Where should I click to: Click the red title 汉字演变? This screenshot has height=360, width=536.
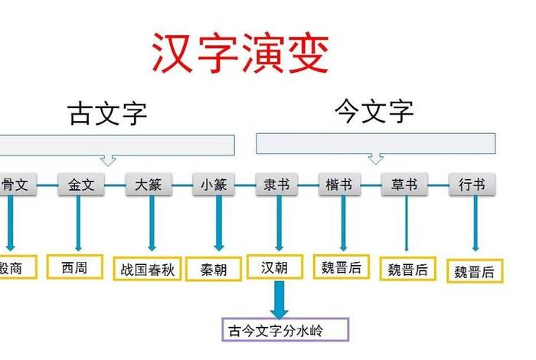pos(240,52)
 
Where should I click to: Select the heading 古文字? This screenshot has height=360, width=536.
pos(108,113)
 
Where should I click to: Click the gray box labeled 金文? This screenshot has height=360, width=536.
pos(81,185)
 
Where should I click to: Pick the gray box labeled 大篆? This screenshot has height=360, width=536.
pos(149,185)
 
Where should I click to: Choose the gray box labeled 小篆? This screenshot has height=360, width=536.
pos(214,185)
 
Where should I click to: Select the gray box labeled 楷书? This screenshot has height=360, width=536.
pos(338,185)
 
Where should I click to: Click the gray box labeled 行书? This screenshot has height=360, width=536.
pos(472,185)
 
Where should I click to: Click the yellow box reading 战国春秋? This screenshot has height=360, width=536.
pos(147,269)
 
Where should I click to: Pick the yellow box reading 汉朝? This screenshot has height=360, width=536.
pos(275,267)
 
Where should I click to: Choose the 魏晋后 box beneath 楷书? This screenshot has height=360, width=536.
pos(342,267)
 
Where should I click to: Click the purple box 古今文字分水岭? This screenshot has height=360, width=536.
pos(285,330)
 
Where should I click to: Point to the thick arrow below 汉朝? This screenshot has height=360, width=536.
pos(278,299)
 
